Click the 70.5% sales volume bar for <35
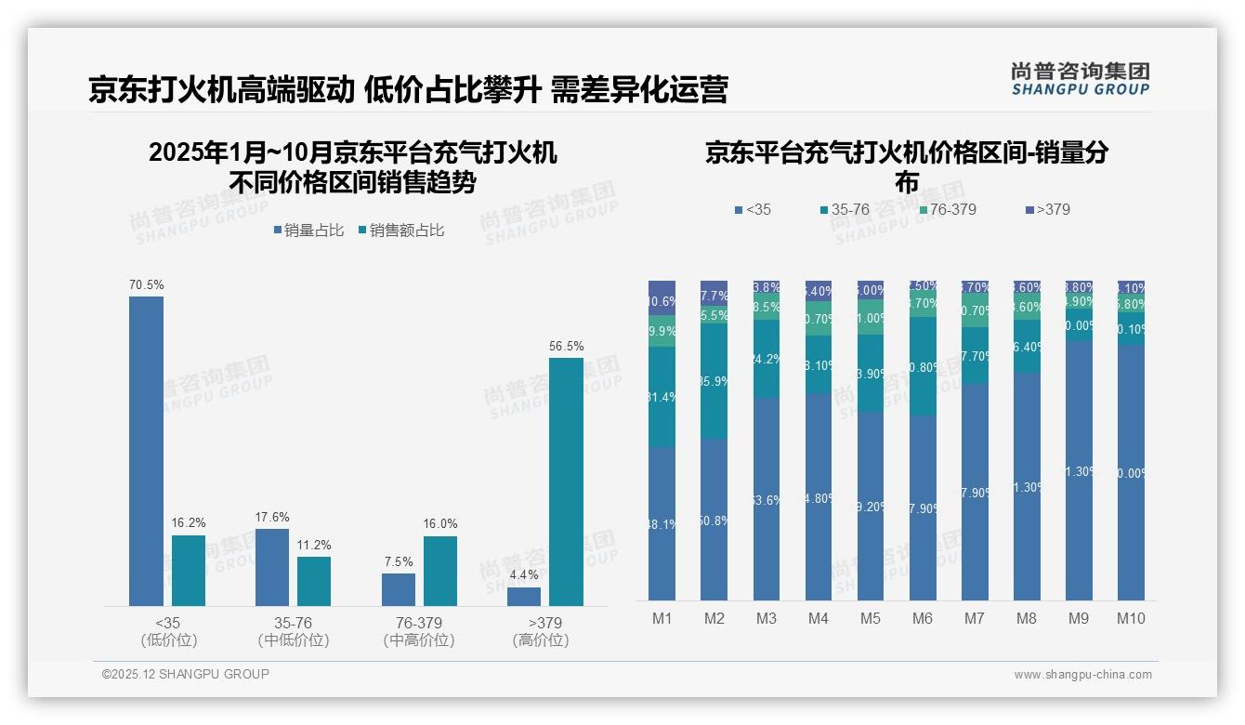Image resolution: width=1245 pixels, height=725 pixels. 146,451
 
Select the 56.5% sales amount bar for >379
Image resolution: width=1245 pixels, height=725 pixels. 566,481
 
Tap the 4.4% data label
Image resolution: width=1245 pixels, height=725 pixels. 523,574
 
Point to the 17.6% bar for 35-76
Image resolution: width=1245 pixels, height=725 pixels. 272,567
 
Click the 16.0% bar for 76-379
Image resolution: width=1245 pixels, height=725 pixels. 440,571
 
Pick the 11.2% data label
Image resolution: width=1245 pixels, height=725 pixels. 314,545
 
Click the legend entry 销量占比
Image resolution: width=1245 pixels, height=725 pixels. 308,231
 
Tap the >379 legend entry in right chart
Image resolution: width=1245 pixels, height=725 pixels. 1047,210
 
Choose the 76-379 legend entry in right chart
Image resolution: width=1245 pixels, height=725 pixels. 947,210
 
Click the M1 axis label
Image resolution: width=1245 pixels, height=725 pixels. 662,619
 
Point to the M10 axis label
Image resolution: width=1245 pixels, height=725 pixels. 1131,619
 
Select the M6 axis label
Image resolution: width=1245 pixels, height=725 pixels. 923,619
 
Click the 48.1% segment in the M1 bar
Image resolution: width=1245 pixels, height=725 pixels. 662,523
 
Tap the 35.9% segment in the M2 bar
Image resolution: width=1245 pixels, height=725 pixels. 714,381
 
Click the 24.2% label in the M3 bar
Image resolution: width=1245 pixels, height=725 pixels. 767,359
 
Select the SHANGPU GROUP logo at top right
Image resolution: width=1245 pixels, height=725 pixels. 1080,79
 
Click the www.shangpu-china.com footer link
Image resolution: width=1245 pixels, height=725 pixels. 1082,675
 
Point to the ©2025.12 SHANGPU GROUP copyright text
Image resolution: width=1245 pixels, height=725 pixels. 186,675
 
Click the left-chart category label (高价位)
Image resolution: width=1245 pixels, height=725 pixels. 540,640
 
